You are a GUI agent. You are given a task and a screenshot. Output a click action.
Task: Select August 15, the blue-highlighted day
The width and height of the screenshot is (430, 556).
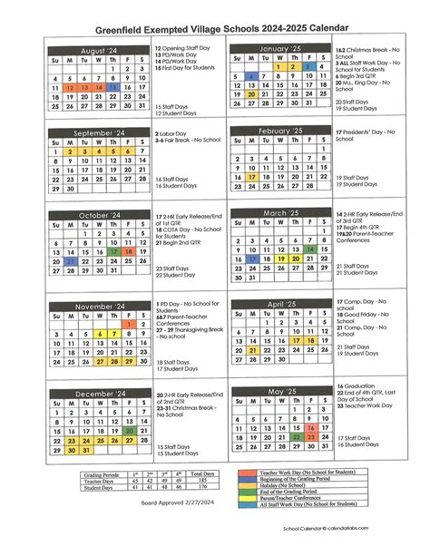(x=112, y=87)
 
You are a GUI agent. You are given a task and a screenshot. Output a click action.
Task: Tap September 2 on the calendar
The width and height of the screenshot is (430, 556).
(x=70, y=151)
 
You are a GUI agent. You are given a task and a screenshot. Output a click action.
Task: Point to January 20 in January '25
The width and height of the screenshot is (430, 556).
(x=250, y=94)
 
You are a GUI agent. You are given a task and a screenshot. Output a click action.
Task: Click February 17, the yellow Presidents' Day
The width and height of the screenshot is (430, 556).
(x=250, y=178)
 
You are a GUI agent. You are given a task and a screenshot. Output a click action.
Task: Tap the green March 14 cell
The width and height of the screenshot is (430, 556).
(x=309, y=247)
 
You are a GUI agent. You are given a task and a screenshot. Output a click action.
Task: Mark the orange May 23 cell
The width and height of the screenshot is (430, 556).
(x=309, y=426)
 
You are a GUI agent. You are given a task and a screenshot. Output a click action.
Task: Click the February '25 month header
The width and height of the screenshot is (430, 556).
(x=279, y=132)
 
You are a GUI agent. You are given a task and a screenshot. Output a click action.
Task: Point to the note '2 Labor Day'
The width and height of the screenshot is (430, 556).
(x=174, y=132)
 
